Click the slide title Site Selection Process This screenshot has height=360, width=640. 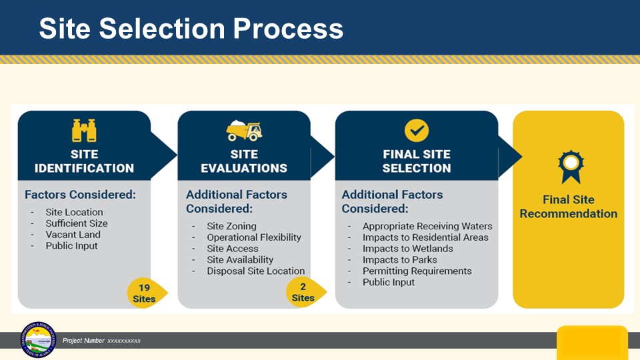(x=191, y=28)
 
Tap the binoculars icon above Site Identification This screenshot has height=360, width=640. (x=84, y=130)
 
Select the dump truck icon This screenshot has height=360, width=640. (x=244, y=130)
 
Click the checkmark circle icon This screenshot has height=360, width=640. (x=417, y=130)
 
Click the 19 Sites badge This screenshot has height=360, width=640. (x=145, y=293)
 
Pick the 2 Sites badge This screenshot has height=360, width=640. (x=304, y=293)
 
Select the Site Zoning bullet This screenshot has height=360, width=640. (x=231, y=226)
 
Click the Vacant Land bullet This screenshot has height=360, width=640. (x=73, y=235)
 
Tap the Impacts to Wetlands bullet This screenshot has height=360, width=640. (x=407, y=249)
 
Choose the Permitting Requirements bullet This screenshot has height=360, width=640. (x=417, y=271)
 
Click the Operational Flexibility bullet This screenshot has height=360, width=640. (x=253, y=237)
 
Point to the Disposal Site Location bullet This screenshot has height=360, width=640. (x=255, y=271)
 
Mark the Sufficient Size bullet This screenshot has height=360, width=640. (x=76, y=223)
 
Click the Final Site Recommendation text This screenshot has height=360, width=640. (x=568, y=207)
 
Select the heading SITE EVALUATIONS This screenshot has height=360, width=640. (x=244, y=161)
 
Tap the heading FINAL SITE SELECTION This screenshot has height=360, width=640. (x=417, y=161)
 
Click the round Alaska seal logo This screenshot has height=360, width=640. (x=39, y=340)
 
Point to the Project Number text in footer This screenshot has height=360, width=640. (x=101, y=341)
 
